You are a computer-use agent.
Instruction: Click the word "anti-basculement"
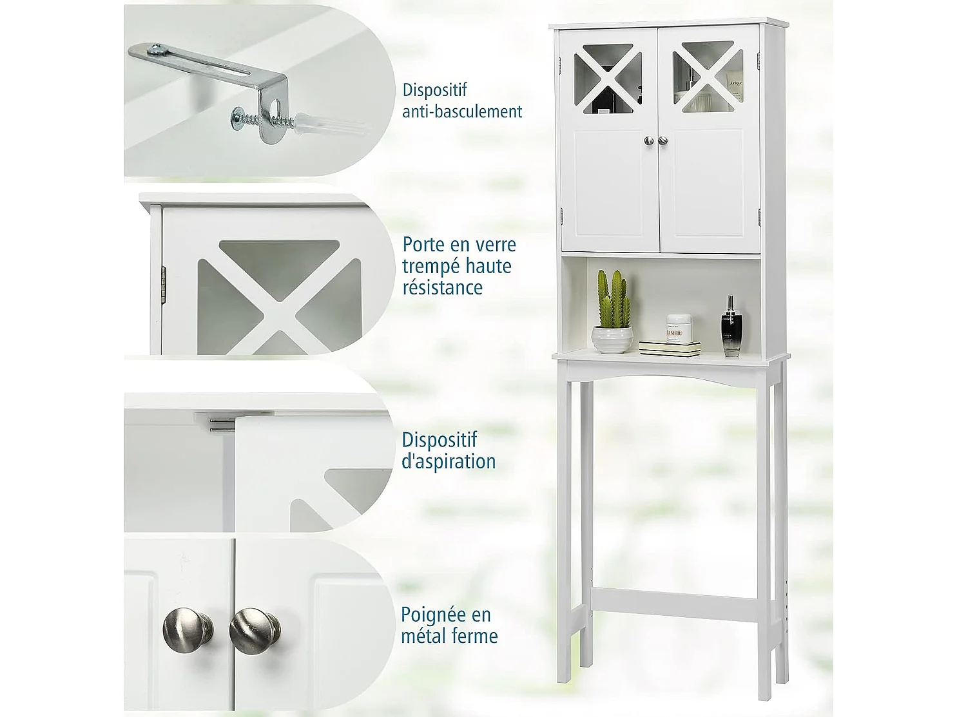tap(462, 111)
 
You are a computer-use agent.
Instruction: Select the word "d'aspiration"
tap(449, 461)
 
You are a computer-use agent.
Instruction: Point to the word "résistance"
tap(442, 287)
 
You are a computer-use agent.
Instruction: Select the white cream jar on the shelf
tap(678, 328)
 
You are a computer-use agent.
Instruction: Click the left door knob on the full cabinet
tap(648, 141)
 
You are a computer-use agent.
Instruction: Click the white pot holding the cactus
tap(612, 339)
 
